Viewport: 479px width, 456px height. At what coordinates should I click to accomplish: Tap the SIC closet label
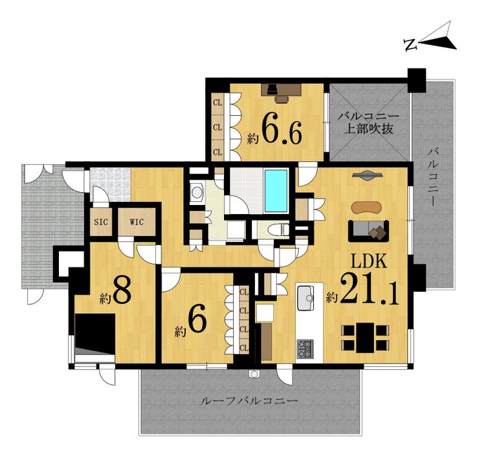100,221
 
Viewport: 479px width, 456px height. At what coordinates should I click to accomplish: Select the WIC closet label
137,221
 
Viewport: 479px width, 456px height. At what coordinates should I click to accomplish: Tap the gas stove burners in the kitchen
305,349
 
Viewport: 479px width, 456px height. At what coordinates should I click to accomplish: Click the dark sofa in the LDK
368,230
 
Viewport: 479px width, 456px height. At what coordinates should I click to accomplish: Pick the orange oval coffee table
367,207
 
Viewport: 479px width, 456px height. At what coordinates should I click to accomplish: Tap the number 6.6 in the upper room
282,132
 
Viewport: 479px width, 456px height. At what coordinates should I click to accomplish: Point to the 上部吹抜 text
368,128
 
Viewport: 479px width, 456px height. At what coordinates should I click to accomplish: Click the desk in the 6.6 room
276,93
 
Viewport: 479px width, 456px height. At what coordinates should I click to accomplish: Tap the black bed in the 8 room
95,333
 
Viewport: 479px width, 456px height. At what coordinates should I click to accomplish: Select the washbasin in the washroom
197,192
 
